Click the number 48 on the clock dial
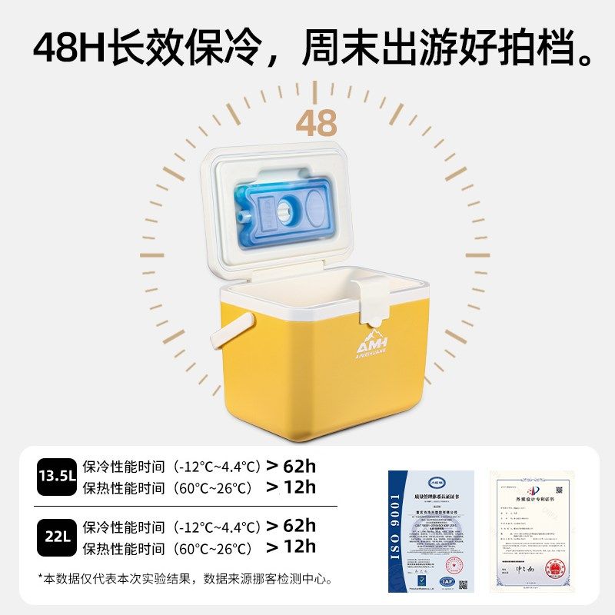pyautogui.click(x=316, y=123)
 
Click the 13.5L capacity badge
pyautogui.click(x=58, y=476)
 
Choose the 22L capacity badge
pyautogui.click(x=58, y=537)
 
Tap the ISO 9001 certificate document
pyautogui.click(x=430, y=530)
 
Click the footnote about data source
pyautogui.click(x=184, y=578)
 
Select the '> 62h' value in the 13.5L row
pyautogui.click(x=291, y=465)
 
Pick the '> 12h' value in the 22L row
pyautogui.click(x=291, y=547)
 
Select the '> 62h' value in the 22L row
pyautogui.click(x=291, y=526)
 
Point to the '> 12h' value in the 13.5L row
pyautogui.click(x=291, y=487)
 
